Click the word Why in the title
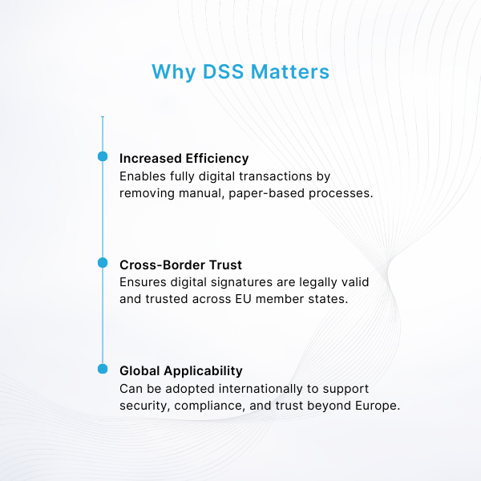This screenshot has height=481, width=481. point(171,72)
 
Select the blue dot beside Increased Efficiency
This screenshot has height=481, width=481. point(103,157)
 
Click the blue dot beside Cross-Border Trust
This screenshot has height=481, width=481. point(103,263)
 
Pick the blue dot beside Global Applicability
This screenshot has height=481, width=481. point(103,369)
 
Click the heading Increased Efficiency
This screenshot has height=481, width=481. point(184,158)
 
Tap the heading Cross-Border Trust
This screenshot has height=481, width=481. point(180,264)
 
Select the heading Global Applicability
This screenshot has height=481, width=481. point(180,370)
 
